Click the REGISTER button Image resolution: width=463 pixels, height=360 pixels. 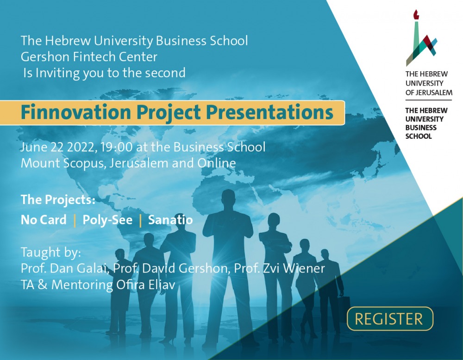(390, 319)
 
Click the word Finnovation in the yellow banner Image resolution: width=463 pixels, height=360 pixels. (76, 112)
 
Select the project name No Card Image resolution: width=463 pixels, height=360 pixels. (44, 220)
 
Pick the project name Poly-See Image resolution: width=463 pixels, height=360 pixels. (107, 220)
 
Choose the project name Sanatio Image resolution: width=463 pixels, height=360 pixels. (170, 220)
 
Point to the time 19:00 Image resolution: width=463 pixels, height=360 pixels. (116, 147)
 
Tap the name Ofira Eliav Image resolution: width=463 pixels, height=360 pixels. (145, 285)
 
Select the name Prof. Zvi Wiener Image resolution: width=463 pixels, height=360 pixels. (279, 268)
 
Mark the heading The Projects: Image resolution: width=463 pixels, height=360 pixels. (58, 200)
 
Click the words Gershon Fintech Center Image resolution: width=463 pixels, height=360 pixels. (89, 56)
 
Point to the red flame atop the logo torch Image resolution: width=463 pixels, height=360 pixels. (416, 14)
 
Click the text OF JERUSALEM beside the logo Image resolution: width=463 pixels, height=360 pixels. (429, 93)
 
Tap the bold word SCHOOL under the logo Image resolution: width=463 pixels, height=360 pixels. (419, 137)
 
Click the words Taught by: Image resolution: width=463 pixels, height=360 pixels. (51, 253)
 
